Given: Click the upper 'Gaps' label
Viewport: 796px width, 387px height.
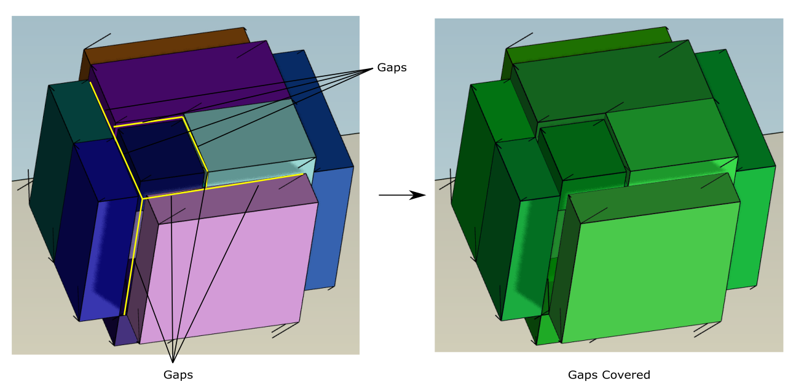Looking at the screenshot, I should click(x=392, y=68).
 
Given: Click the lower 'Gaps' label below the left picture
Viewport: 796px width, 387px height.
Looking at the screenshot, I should click(x=178, y=375).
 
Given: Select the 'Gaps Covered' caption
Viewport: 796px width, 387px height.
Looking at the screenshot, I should click(x=609, y=375).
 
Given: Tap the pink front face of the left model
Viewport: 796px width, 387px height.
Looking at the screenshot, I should click(x=227, y=271).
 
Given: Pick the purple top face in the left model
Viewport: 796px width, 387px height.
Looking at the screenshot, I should click(x=191, y=77).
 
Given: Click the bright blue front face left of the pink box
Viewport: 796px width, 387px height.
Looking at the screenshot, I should click(x=104, y=258).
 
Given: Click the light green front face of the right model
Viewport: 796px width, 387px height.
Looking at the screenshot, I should click(x=645, y=271).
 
